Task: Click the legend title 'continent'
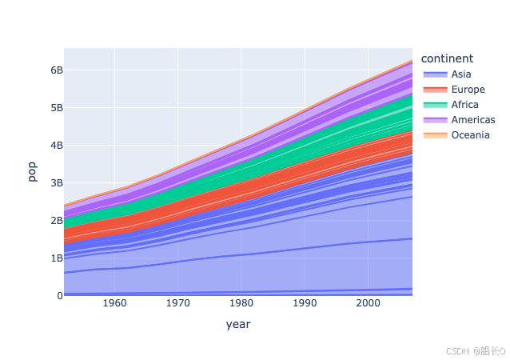(447, 58)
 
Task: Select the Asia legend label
(461, 74)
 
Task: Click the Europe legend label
(468, 89)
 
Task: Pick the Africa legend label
(465, 105)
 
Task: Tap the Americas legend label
(473, 120)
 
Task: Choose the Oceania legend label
(470, 135)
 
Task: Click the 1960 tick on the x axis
(115, 304)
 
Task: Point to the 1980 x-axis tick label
(241, 304)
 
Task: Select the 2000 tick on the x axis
(368, 304)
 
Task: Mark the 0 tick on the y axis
(59, 295)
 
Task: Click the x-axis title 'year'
(238, 325)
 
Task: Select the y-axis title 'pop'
(32, 172)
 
